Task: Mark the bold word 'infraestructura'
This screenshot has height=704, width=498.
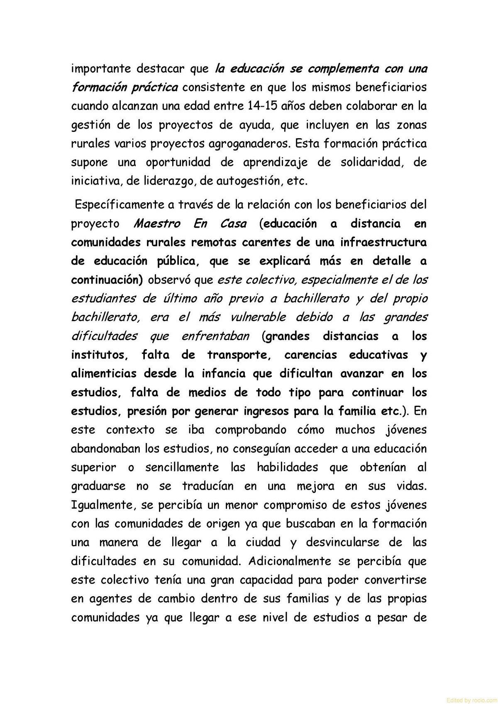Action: pos(383,242)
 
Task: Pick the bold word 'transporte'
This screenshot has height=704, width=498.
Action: pos(239,355)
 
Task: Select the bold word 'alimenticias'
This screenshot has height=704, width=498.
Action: pos(104,374)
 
